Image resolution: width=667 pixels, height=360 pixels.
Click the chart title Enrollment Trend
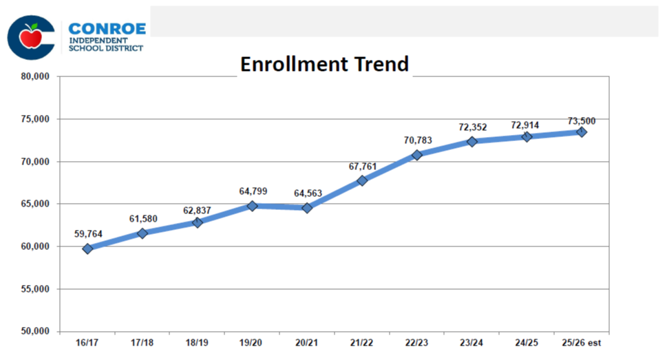[324, 64]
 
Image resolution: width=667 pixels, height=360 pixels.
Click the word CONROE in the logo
[107, 30]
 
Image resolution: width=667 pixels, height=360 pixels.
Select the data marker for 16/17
[87, 248]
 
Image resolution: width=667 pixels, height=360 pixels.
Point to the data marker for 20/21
[307, 207]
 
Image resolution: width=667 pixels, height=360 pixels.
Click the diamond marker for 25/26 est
[582, 131]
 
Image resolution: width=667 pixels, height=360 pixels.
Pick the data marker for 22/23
[417, 155]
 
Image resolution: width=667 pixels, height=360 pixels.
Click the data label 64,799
[252, 191]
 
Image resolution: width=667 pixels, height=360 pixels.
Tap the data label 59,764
[87, 234]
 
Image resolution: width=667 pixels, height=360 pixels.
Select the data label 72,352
[472, 127]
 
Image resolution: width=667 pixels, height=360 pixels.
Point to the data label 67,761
[362, 166]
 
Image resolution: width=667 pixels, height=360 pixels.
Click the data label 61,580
[142, 219]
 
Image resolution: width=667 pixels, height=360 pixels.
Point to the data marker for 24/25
[527, 136]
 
